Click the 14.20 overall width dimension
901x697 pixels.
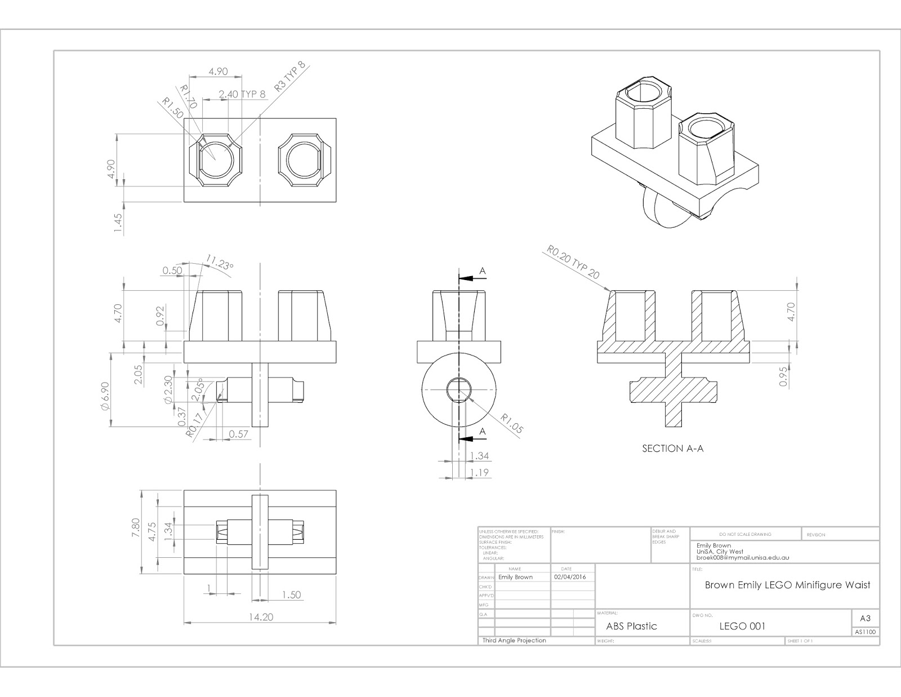[260, 617]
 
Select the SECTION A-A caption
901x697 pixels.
[673, 449]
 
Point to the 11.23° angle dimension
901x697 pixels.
[219, 263]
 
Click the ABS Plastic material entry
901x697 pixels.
[631, 626]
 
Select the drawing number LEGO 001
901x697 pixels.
[742, 626]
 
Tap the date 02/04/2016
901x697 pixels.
[570, 577]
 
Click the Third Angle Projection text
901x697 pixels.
[514, 640]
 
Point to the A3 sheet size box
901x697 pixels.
[865, 618]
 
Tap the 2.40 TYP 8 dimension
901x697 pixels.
[242, 94]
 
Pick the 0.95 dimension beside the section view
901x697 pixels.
[783, 376]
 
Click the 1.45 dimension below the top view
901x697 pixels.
[118, 223]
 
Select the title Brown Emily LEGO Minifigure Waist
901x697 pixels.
[787, 585]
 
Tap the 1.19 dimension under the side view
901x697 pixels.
[479, 473]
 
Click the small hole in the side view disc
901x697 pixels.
[460, 390]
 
